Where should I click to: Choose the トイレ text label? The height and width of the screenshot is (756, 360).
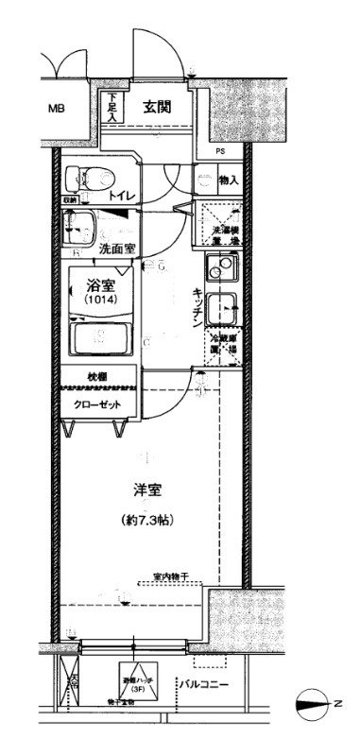point(121,197)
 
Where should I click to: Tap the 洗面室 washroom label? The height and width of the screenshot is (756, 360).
point(117,250)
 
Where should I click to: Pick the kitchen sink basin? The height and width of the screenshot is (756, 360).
point(223,307)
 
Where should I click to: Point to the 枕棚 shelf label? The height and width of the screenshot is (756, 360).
point(97,378)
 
